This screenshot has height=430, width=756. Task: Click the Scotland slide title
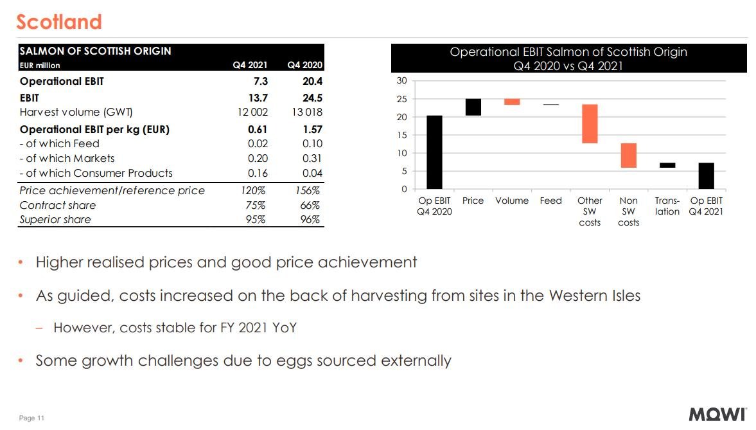tap(59, 22)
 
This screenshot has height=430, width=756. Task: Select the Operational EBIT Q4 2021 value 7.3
tap(261, 82)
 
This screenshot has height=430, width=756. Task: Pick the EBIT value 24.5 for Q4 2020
tap(312, 98)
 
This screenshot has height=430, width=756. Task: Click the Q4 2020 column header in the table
tap(304, 65)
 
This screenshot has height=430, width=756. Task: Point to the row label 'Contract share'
tap(58, 205)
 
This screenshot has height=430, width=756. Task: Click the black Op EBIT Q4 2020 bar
tap(434, 152)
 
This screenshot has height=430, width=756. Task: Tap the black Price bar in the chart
tap(473, 107)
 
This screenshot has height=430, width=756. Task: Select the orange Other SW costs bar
tap(590, 123)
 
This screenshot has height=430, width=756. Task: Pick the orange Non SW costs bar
tap(628, 156)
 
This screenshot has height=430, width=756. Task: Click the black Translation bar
tap(667, 165)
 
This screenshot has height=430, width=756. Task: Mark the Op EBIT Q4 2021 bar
tap(706, 175)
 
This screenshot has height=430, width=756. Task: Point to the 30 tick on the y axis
tap(402, 81)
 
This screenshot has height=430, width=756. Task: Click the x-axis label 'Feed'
tap(550, 201)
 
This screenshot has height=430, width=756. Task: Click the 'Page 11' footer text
tap(31, 418)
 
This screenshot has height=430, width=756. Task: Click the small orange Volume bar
tap(512, 102)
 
